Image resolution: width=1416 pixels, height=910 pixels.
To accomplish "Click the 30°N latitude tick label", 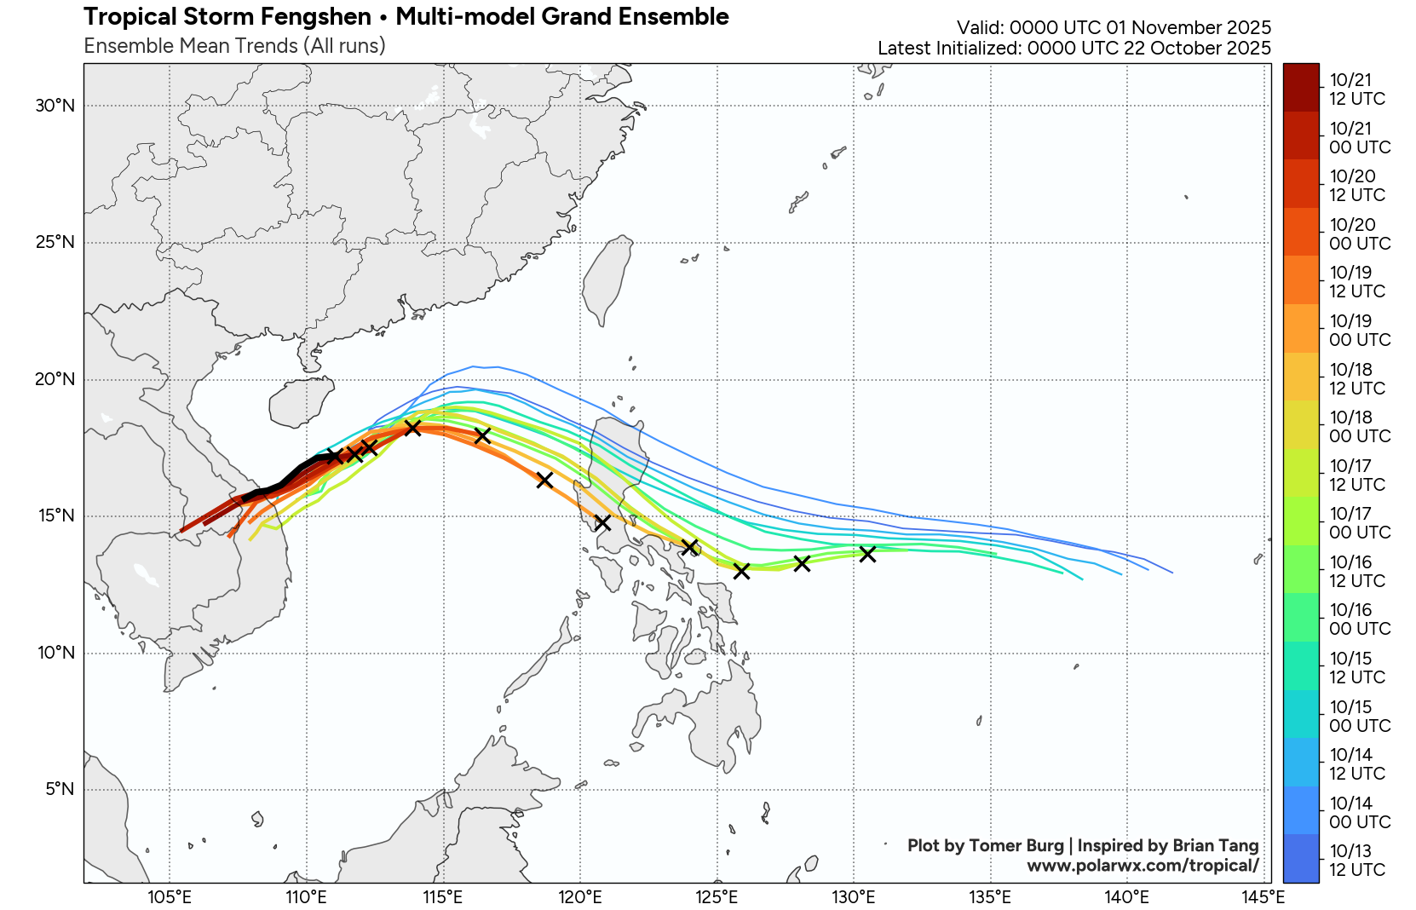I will [x=55, y=106].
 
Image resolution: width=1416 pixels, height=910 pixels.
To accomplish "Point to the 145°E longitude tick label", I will [x=1263, y=896].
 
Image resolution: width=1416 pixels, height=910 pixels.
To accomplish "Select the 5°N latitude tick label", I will [x=60, y=789].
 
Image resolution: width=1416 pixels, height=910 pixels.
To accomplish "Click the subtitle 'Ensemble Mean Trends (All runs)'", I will [x=234, y=46].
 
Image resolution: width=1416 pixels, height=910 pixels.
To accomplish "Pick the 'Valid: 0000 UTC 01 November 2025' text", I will [x=1114, y=27].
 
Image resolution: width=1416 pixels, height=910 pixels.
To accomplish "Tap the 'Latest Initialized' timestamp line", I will [x=1074, y=48].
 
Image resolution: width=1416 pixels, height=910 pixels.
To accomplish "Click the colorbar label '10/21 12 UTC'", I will [x=1356, y=89].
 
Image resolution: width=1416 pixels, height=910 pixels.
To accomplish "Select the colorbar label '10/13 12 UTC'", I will [x=1356, y=861].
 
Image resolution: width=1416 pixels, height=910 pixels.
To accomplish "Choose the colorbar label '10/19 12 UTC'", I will [x=1356, y=282].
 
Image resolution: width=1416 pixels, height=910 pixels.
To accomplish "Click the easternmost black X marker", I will [x=867, y=554].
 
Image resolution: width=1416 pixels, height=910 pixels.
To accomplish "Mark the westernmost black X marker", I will [x=335, y=457].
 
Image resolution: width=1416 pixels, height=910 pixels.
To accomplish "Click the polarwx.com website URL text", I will [x=1142, y=866].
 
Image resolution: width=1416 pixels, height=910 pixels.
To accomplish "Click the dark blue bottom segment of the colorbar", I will [x=1300, y=859].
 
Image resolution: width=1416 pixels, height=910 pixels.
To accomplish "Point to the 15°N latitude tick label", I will [x=55, y=515].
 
